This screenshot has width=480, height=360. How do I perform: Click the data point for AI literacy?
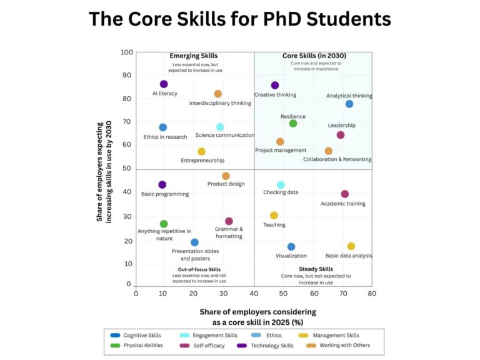click(164, 84)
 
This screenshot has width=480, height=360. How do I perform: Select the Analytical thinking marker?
click(349, 104)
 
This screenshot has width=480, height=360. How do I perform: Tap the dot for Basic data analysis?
click(351, 246)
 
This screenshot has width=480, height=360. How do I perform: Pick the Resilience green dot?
click(293, 123)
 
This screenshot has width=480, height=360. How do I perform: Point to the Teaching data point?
click(274, 216)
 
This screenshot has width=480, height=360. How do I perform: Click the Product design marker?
click(226, 176)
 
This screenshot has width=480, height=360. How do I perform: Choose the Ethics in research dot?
click(162, 127)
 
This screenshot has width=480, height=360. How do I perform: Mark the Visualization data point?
click(291, 247)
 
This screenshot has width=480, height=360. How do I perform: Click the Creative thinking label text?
click(275, 95)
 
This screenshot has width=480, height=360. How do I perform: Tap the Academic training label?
click(343, 204)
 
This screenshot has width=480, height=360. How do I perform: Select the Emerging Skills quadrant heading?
click(194, 56)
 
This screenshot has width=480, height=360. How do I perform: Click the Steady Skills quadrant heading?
click(316, 269)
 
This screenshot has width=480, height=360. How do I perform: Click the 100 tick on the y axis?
click(127, 52)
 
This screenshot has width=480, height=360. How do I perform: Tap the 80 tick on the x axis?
click(372, 293)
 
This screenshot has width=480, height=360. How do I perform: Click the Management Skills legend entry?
click(336, 336)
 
